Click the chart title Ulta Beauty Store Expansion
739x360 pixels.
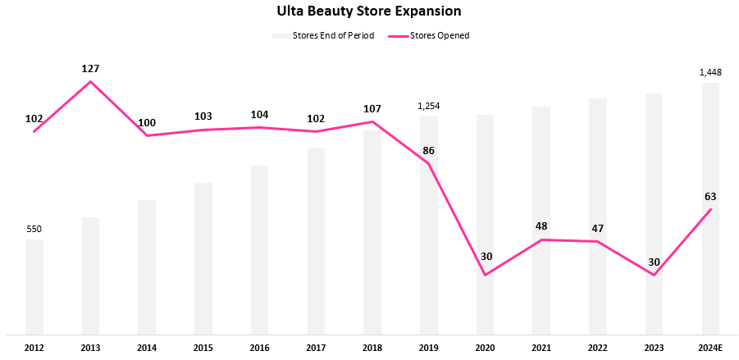369,11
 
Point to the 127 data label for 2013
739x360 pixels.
90,69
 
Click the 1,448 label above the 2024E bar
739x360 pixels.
710,73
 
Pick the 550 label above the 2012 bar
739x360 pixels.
34,229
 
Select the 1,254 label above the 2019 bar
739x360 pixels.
429,106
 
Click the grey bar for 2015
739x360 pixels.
203,258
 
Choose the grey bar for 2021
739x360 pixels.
541,221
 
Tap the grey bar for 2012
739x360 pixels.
34,287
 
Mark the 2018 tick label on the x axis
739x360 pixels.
372,347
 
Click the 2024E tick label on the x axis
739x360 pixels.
710,347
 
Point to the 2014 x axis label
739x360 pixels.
147,347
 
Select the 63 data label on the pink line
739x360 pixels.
710,197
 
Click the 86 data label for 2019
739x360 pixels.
429,151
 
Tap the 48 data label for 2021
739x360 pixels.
541,226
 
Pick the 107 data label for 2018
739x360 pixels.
372,109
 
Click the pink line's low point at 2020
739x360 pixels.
485,275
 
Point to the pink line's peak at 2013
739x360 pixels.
90,80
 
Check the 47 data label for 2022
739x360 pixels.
597,228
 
